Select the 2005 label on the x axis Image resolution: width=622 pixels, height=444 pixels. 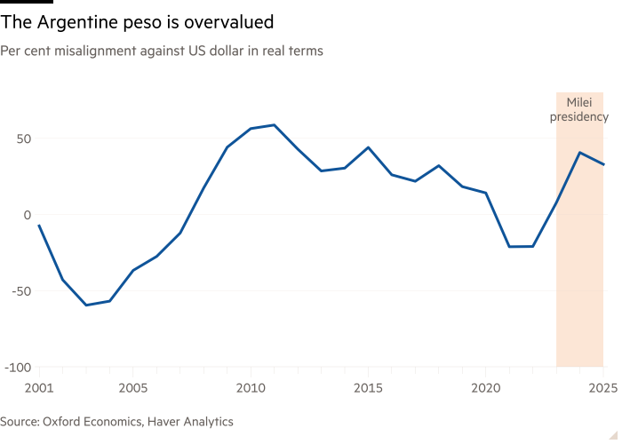click(132, 388)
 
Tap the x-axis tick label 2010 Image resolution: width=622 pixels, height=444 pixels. click(251, 388)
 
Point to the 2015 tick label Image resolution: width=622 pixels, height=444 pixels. click(369, 388)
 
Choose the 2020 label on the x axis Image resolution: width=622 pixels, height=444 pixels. click(486, 388)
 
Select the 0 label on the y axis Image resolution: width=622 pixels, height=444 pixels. click(27, 215)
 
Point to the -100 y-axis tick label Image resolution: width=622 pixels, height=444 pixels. click(17, 367)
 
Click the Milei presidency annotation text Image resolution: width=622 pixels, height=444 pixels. click(580, 110)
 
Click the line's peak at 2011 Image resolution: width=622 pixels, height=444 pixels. click(274, 125)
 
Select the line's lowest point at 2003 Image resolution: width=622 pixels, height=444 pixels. click(86, 305)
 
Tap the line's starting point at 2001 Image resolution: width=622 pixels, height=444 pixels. click(39, 225)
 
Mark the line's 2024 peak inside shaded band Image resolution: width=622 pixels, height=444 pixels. click(580, 153)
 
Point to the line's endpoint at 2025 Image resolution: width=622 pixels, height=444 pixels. click(604, 164)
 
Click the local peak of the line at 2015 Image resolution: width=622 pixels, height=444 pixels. click(369, 147)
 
